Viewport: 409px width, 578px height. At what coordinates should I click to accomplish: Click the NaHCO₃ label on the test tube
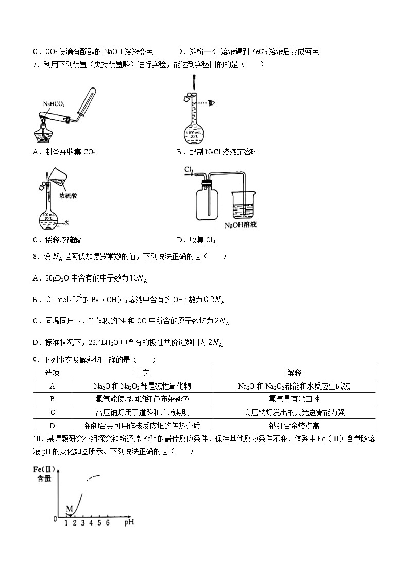[54, 104]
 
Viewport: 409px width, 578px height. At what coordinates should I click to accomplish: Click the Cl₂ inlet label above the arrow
[189, 169]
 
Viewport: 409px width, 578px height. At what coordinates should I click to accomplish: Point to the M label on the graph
[69, 509]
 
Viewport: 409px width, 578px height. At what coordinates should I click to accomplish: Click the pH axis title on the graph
[129, 523]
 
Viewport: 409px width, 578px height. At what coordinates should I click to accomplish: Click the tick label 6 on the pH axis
[107, 523]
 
